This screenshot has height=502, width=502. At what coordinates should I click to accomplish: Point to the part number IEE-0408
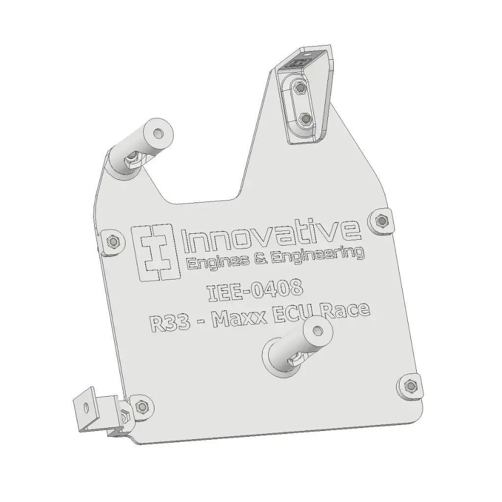coord(255,291)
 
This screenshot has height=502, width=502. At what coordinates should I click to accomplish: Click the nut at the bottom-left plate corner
coord(142,406)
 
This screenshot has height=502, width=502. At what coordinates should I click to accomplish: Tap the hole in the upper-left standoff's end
coord(158,133)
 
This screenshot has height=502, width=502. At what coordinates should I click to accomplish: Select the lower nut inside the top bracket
coord(305,119)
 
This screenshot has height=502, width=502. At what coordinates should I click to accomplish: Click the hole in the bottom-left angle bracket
coord(87,406)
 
